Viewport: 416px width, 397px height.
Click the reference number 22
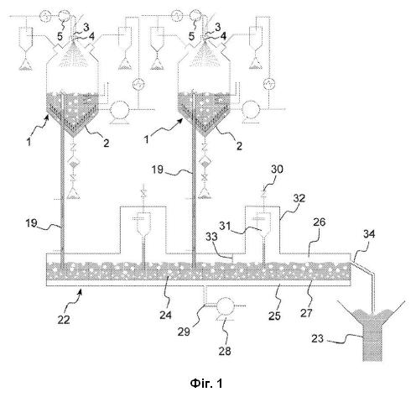(64, 319)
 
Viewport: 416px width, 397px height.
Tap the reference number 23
(317, 338)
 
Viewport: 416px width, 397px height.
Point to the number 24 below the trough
(165, 315)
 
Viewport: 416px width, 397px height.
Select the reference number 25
(274, 316)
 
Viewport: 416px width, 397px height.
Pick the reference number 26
(320, 222)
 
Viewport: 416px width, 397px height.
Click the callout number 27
(306, 313)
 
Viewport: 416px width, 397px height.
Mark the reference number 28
(225, 351)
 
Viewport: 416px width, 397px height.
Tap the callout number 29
(184, 332)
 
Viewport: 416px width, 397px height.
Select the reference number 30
(277, 169)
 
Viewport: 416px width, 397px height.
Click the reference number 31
(225, 226)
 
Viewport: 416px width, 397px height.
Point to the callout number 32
(299, 198)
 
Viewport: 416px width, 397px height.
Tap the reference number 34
(369, 234)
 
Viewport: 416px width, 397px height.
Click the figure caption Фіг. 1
(206, 383)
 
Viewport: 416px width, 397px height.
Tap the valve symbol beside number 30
(263, 194)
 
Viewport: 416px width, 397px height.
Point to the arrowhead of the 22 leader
(81, 291)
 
